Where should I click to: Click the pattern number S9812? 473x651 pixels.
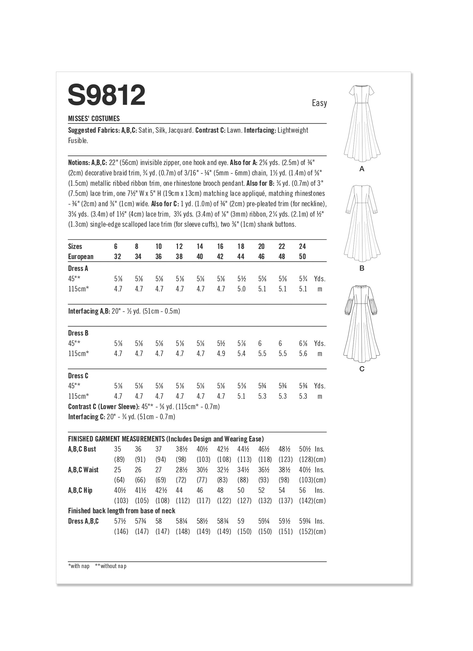coord(106,95)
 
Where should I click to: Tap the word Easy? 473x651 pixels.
coord(319,103)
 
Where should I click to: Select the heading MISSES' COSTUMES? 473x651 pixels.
coord(94,119)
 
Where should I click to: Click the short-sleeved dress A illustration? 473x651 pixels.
coord(362,123)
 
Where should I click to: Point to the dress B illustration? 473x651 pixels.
coord(362,223)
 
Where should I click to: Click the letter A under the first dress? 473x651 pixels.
coord(362,169)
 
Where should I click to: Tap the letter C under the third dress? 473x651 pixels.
coord(362,369)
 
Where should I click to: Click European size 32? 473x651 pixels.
coord(118,257)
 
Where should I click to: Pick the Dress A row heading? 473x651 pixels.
coord(78,268)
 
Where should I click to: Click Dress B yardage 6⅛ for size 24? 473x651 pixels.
coord(303,344)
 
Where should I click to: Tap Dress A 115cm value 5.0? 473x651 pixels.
coord(241,289)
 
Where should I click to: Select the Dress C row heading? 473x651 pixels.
coord(78,376)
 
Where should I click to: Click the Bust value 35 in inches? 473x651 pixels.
coord(118,449)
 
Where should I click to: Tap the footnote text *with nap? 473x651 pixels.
coord(79,566)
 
